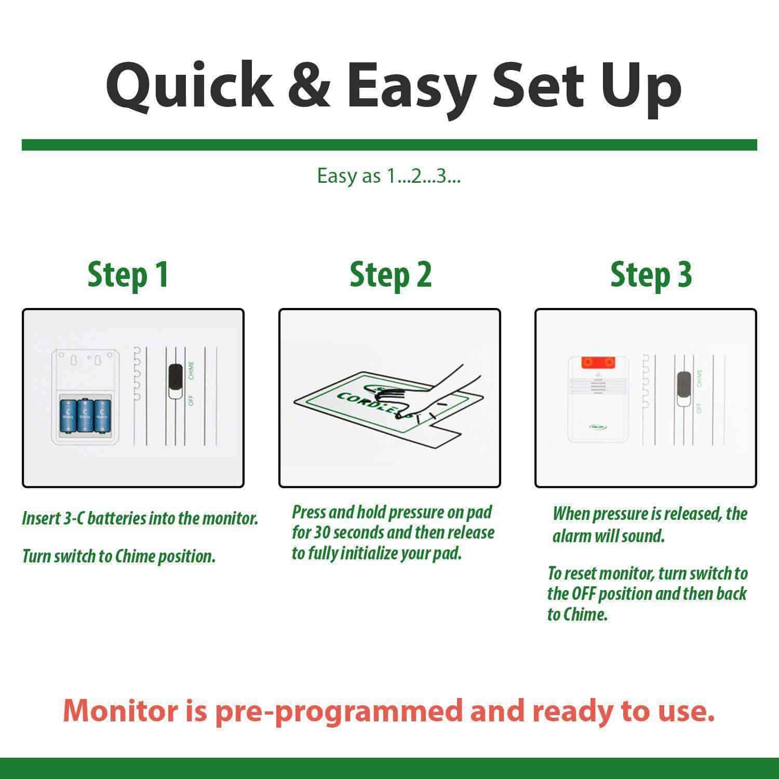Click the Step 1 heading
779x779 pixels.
128,275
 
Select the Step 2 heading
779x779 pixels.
391,275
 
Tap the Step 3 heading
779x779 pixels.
651,275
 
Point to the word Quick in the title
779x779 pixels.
190,86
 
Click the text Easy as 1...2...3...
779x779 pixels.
389,177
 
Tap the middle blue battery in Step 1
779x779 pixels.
84,415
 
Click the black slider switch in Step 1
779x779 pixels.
176,381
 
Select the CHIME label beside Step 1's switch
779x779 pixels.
191,370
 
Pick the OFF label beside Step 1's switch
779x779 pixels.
191,400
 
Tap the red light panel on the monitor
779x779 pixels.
597,361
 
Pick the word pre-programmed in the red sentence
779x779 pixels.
338,711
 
